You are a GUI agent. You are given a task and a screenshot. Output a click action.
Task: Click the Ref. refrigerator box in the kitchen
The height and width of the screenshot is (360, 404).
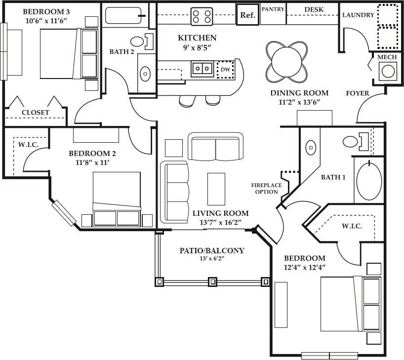tap(247, 15)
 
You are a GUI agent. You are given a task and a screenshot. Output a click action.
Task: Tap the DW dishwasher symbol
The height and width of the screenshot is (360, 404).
tap(225, 70)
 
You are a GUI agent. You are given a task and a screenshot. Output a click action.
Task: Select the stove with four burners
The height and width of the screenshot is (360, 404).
tap(202, 16)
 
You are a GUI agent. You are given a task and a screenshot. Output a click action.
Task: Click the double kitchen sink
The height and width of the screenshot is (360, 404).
tap(202, 68)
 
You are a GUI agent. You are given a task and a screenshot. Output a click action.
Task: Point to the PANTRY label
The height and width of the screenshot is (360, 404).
tap(273, 9)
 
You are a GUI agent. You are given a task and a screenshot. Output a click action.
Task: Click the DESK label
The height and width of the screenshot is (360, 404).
tap(314, 9)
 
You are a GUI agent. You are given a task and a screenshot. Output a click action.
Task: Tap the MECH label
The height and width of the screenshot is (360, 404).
tap(387, 58)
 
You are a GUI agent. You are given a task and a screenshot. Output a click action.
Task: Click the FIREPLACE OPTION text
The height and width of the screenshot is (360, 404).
tap(266, 188)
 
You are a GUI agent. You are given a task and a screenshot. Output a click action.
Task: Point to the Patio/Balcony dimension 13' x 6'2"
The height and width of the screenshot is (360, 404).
tap(212, 259)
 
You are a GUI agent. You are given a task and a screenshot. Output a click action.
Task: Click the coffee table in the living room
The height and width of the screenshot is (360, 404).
tap(216, 189)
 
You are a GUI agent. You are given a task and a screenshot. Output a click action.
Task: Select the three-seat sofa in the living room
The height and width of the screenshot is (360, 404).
tap(175, 192)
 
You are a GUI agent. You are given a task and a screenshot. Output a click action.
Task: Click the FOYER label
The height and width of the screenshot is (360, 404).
tap(358, 93)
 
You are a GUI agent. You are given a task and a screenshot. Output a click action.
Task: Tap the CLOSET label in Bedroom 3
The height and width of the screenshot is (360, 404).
tap(36, 113)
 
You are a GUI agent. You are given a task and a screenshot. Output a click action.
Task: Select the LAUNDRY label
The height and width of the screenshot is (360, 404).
tap(358, 15)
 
